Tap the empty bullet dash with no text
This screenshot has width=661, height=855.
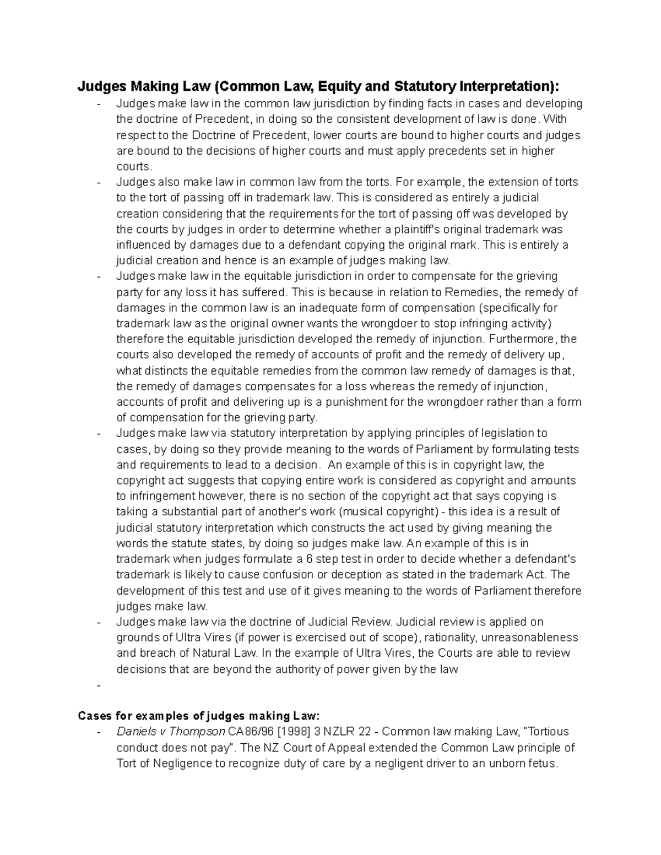point(99,685)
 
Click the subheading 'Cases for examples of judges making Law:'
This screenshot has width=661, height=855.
point(198,716)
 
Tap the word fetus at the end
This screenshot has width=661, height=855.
point(544,764)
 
